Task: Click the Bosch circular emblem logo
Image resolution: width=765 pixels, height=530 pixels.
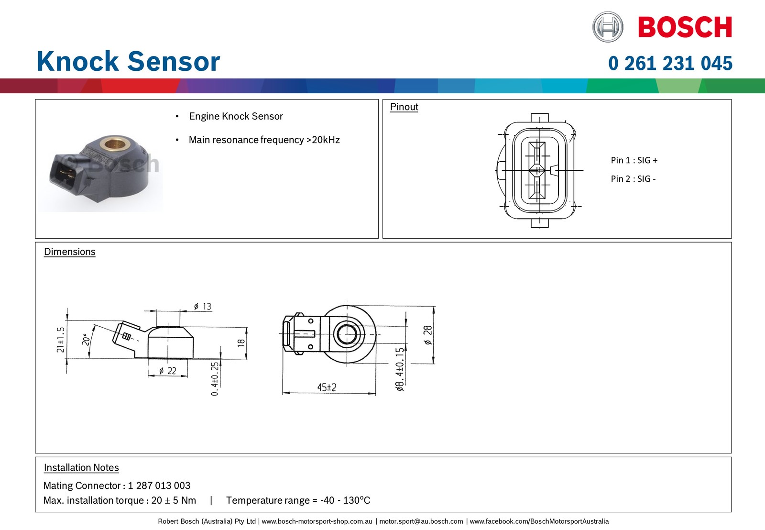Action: (x=608, y=27)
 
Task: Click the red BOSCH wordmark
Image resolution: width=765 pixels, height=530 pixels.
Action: (x=685, y=27)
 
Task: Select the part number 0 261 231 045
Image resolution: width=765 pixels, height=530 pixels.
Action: (x=670, y=63)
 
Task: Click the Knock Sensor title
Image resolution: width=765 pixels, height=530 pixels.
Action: (x=129, y=61)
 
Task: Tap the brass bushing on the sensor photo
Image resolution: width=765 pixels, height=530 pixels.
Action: (x=114, y=145)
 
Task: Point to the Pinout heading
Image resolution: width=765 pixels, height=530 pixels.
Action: (x=404, y=107)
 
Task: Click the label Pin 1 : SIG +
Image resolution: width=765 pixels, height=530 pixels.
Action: (x=634, y=160)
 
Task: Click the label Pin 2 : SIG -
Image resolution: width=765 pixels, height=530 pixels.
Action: (x=633, y=179)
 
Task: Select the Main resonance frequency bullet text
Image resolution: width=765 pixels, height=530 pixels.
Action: (x=264, y=140)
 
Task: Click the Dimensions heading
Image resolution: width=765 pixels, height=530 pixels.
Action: (x=70, y=252)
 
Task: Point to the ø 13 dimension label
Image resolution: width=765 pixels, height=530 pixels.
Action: (x=203, y=306)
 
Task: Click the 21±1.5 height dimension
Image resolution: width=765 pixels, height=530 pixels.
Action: (x=60, y=340)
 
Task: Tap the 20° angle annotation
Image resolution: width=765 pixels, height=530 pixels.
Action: (x=86, y=339)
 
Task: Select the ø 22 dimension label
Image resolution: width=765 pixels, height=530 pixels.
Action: (x=168, y=371)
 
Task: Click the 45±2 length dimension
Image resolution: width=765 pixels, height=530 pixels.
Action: (x=327, y=387)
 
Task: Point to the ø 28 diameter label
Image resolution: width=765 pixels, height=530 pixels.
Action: (x=427, y=335)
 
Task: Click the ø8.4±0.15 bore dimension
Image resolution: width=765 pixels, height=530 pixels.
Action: (x=400, y=369)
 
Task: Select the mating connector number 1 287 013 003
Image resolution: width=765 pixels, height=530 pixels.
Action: (x=159, y=486)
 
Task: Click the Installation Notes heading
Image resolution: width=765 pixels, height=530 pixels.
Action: (x=81, y=467)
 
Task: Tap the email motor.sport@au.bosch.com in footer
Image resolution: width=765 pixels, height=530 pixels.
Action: (x=421, y=521)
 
